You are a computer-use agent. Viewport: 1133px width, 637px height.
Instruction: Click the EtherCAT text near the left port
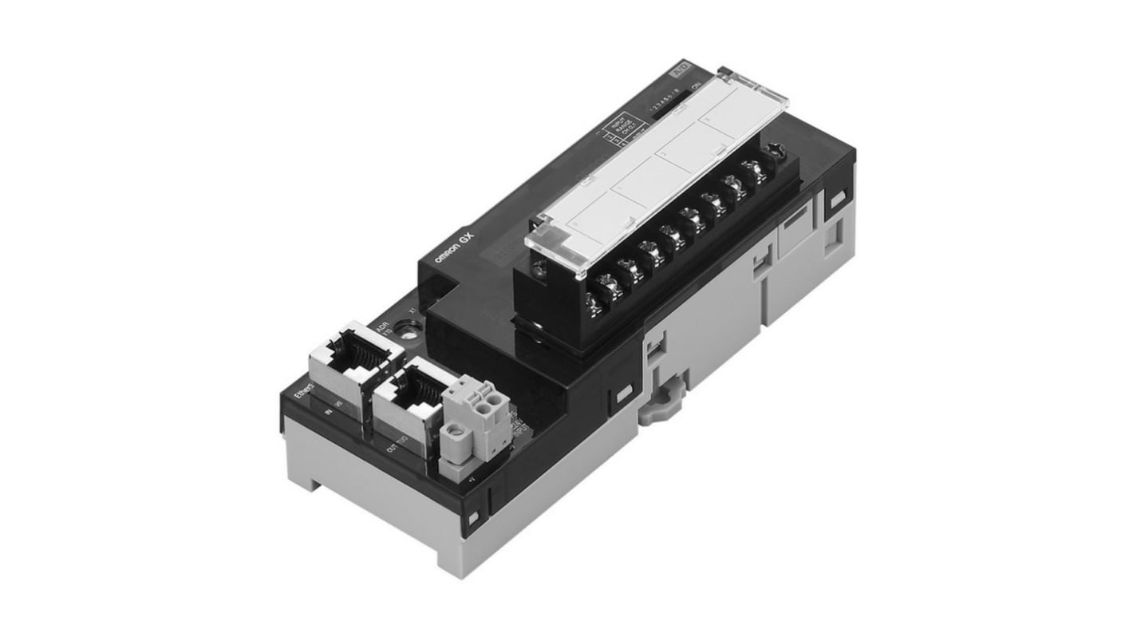pyautogui.click(x=302, y=394)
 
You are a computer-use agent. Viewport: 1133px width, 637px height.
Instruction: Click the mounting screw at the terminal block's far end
pyautogui.click(x=772, y=152)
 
